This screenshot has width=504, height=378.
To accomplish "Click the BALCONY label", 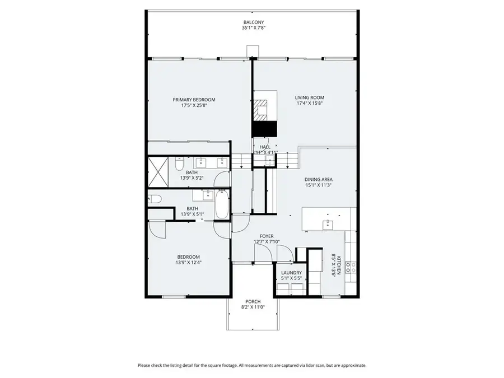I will pos(253,22).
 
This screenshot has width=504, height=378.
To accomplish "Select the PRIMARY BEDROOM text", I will pos(194,100).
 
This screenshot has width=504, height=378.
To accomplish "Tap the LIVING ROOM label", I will pos(309,97).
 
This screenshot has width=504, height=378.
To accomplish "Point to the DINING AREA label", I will pos(319,180).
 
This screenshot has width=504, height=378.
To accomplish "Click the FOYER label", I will pos(267,236).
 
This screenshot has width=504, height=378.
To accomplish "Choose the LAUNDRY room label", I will pos(291,273).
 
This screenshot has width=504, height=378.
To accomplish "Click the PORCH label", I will pos(253,301).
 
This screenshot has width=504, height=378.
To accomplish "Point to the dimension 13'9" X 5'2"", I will pos(192,178).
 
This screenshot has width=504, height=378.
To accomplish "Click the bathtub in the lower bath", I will pos(221,206).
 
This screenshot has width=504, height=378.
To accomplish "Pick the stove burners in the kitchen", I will pos(350,267).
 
